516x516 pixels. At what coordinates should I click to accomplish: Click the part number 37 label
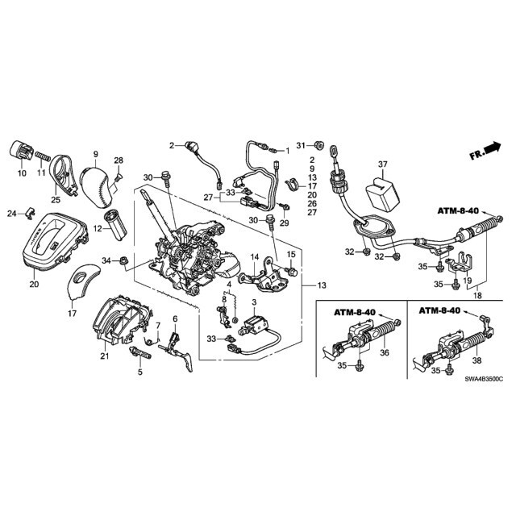pos(383,164)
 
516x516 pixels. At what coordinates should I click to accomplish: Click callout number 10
pos(21,173)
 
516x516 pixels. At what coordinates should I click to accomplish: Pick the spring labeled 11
pos(44,152)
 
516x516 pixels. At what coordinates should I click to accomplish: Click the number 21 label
pos(104,356)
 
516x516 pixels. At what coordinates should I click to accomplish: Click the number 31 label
pos(299,145)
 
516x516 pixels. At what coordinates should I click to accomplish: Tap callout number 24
pos(11,214)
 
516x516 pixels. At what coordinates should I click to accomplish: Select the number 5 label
pos(139,372)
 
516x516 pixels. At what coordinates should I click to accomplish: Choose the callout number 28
pos(119,160)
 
